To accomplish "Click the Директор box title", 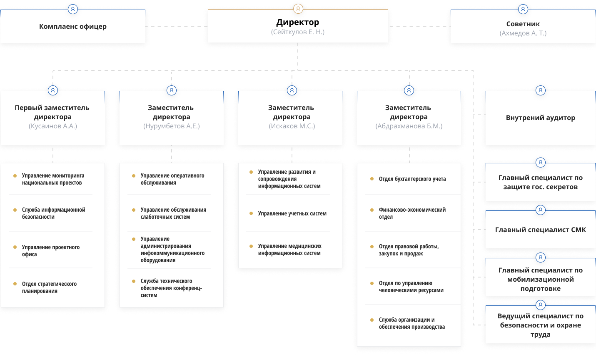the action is (297, 22).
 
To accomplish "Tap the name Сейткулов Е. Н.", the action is (297, 32).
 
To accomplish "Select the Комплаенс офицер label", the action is (72, 26).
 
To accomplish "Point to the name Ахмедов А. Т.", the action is (523, 33).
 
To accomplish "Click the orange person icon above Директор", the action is (298, 9).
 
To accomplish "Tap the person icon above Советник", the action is (523, 9).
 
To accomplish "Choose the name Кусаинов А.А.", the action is (52, 126).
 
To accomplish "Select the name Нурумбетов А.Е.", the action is (171, 126).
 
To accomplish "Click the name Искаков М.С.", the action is (292, 126).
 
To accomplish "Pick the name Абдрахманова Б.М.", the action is (409, 126).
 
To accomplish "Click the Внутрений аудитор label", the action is (540, 117).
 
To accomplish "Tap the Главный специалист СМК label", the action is (540, 230).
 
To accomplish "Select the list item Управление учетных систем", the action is (292, 213).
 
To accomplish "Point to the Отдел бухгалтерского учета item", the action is (412, 179).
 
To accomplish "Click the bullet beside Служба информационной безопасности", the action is (15, 210).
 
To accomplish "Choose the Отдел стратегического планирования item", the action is (49, 287).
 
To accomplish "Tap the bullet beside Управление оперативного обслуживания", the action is (134, 176).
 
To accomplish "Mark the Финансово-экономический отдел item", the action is (412, 213).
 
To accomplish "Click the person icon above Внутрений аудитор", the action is (540, 90).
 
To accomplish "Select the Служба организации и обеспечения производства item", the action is (411, 323).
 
